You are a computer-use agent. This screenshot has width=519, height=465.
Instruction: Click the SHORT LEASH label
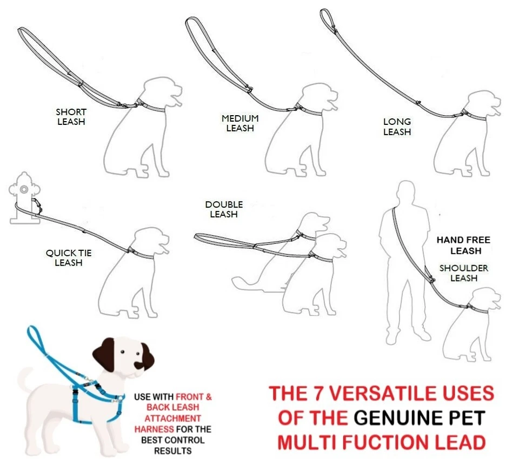point(71,117)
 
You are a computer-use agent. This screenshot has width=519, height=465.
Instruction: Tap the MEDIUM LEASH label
point(240,123)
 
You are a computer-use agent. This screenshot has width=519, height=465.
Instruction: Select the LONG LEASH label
point(397,127)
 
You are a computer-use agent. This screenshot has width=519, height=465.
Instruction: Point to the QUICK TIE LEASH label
point(68,257)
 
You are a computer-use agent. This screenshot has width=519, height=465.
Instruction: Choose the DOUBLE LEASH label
point(224,209)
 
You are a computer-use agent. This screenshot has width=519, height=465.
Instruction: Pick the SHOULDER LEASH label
point(464,273)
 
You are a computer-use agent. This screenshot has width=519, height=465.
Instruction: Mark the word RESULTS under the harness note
point(173,450)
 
